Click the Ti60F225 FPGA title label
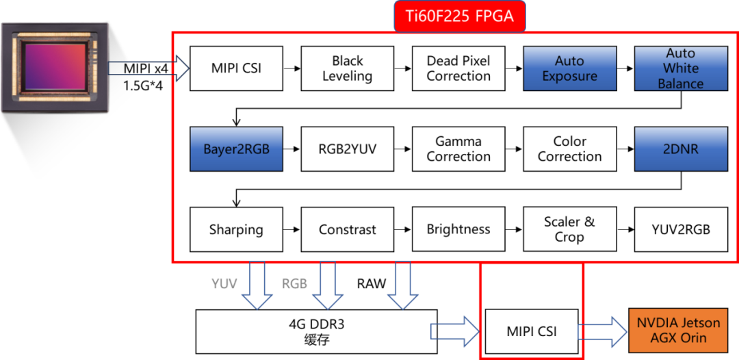click(x=459, y=16)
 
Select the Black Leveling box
click(x=347, y=68)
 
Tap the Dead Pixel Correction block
click(x=458, y=68)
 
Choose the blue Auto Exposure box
click(x=569, y=68)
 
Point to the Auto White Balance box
click(x=680, y=68)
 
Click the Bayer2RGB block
click(x=236, y=149)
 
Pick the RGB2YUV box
click(x=347, y=149)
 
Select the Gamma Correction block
click(x=458, y=149)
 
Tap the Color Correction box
click(x=569, y=149)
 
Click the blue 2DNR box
click(x=680, y=149)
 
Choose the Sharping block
click(x=236, y=229)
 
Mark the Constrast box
click(x=347, y=229)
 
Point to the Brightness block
click(x=458, y=229)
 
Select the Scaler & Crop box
click(x=569, y=229)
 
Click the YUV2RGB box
click(x=680, y=229)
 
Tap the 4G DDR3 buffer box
click(x=316, y=331)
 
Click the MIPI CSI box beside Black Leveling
click(x=236, y=68)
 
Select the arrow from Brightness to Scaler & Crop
click(x=513, y=230)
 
